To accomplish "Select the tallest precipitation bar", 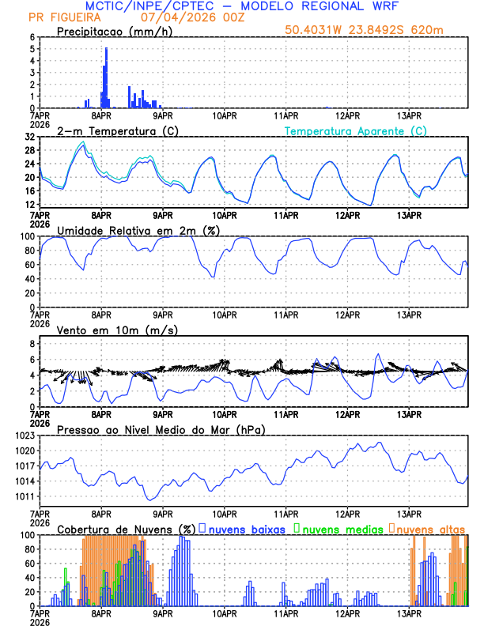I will point(107,77).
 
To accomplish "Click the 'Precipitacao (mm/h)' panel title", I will point(114,32).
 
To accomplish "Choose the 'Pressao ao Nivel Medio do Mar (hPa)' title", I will point(161,429).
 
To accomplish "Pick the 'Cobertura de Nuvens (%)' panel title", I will point(126,529).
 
